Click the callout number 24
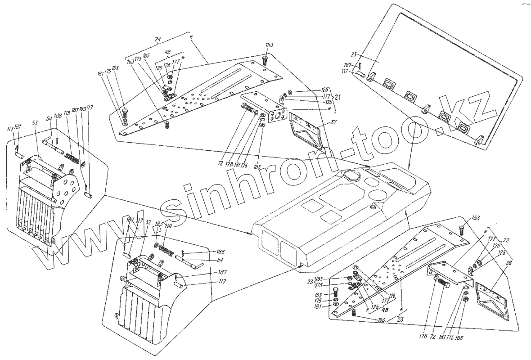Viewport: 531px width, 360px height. (x=157, y=39)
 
